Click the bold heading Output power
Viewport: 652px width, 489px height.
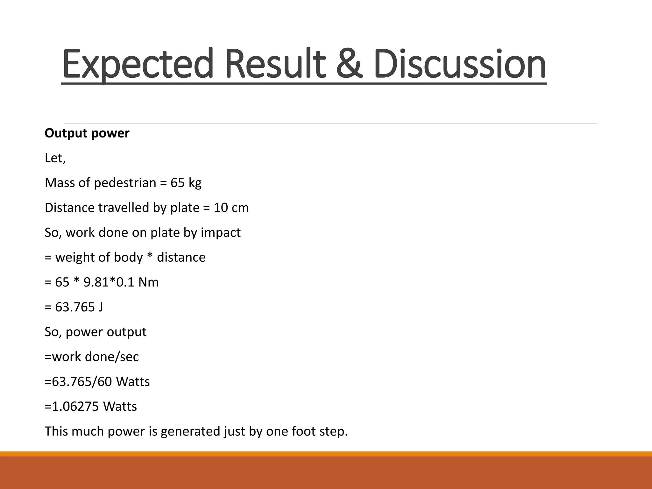click(87, 133)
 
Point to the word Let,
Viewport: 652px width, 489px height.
click(55, 158)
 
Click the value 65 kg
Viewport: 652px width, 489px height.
click(186, 183)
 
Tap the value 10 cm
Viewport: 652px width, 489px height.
click(231, 208)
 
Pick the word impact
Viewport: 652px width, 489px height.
click(221, 232)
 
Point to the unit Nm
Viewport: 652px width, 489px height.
click(148, 282)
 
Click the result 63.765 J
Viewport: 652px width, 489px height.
click(79, 307)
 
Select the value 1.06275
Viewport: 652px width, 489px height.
click(75, 406)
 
